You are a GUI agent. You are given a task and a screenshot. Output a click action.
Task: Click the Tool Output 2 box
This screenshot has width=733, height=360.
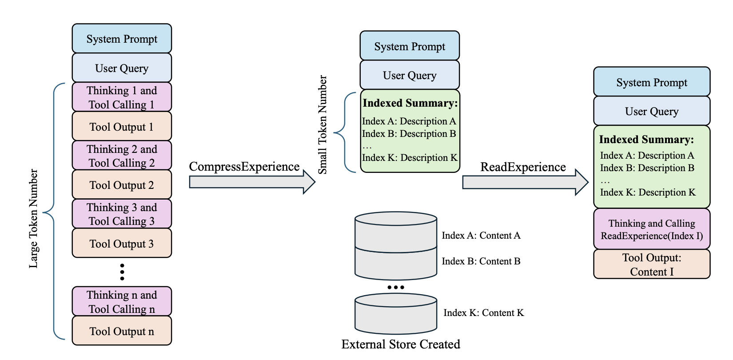(122, 184)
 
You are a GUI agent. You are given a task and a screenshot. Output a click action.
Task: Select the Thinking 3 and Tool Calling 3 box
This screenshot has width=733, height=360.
(122, 214)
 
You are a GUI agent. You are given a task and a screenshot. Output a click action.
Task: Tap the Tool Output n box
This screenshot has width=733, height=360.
(122, 331)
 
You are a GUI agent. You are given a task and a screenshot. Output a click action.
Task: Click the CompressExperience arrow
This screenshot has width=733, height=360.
(252, 182)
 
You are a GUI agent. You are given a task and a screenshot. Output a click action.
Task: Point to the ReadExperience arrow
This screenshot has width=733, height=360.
(525, 182)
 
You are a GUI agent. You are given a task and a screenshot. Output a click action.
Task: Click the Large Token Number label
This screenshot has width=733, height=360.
(33, 219)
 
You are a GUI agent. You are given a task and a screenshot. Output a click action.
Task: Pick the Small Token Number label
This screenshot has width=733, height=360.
(323, 125)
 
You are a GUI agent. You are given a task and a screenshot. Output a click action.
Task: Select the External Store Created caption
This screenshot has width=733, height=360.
(401, 344)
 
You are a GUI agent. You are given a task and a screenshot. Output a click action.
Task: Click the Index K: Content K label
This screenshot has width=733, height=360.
(484, 313)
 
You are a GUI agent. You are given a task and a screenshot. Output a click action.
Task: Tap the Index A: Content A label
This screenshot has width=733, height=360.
(481, 235)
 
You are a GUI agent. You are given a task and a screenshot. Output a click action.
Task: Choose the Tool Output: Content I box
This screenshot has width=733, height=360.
(652, 264)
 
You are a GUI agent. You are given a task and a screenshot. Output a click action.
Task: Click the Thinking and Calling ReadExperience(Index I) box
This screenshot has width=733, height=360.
(652, 229)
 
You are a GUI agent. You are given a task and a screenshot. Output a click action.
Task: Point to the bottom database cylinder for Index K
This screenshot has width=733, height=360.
(396, 314)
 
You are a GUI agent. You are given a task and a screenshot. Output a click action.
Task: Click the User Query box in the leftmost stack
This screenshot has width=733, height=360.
(122, 68)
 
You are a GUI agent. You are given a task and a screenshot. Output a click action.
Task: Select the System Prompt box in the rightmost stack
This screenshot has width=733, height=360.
(652, 82)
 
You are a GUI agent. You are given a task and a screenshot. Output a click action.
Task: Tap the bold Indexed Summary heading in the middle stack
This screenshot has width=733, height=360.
(410, 103)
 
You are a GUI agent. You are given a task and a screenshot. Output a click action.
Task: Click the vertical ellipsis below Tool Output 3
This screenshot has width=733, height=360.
(122, 272)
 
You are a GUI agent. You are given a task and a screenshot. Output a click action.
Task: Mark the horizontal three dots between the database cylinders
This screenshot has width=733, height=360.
(396, 288)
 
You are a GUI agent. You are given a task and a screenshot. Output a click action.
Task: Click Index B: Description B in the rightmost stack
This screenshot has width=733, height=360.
(647, 168)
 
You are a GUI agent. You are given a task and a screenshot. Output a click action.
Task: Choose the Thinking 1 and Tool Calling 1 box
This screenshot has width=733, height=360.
(122, 97)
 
